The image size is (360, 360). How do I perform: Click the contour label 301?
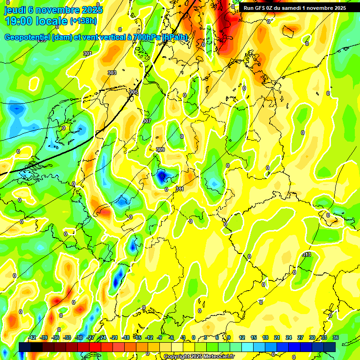pyautogui.click(x=88, y=54)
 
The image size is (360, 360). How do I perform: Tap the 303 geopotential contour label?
pyautogui.click(x=112, y=73)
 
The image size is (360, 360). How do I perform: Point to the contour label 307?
pyautogui.click(x=146, y=121)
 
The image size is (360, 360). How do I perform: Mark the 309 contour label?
pyautogui.click(x=160, y=150)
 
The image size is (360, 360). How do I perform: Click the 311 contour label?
pyautogui.click(x=180, y=189)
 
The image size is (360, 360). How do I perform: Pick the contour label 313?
pyautogui.click(x=307, y=255)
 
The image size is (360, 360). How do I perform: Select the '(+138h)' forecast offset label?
pyautogui.click(x=83, y=21)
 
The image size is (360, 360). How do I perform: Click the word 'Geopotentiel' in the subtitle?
pyautogui.click(x=28, y=37)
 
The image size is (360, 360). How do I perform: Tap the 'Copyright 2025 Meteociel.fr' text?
pyautogui.click(x=199, y=357)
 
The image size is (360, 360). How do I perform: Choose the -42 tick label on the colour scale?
pyautogui.click(x=32, y=337)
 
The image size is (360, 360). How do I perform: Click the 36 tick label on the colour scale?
pyautogui.click(x=336, y=337)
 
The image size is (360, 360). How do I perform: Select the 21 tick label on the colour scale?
pyautogui.click(x=277, y=337)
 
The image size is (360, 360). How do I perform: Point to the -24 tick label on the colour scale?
pyautogui.click(x=102, y=337)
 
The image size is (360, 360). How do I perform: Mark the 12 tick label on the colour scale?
pyautogui.click(x=242, y=337)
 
